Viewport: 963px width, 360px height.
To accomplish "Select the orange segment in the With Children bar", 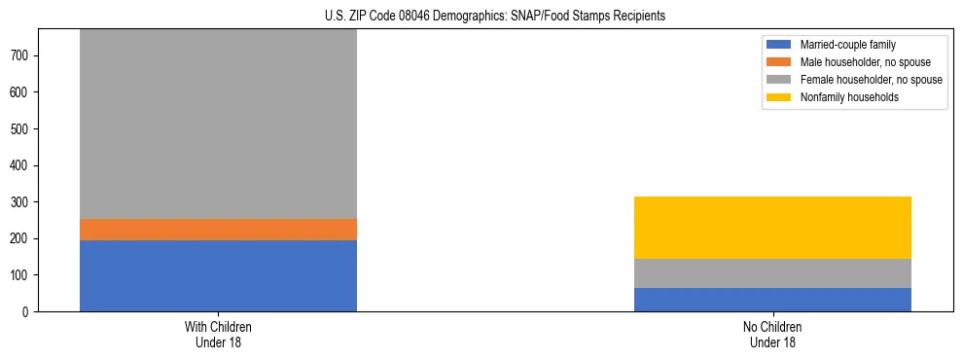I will coord(218,229).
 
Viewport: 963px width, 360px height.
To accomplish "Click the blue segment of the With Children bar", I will coord(218,275).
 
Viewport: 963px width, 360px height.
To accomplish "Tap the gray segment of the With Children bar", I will coord(218,125).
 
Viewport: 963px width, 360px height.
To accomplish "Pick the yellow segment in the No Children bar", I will coord(772,228).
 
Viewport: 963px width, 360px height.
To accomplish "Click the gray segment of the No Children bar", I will coord(772,273).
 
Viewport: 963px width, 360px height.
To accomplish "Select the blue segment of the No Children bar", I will coord(772,300).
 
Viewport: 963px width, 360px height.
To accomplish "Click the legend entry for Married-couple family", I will coord(846,45).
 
